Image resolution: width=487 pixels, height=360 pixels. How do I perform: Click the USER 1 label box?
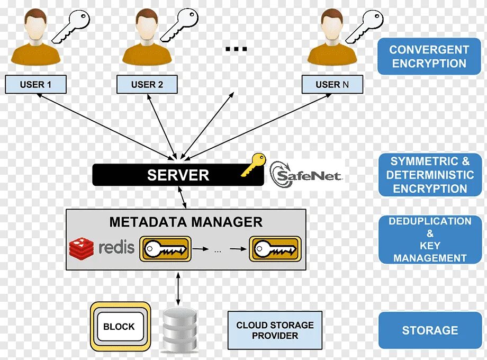(35, 84)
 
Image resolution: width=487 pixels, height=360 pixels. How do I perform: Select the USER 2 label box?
(147, 84)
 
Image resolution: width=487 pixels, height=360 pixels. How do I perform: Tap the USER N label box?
(332, 84)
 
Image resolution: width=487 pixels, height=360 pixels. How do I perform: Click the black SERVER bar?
(178, 175)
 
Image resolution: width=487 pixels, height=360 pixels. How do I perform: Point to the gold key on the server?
(253, 165)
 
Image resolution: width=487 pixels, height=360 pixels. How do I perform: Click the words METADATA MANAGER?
(186, 222)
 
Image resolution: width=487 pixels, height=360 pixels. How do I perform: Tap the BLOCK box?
(120, 327)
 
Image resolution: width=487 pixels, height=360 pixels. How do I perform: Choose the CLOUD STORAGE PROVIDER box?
(275, 330)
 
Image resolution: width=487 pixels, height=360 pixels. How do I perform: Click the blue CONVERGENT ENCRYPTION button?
(429, 56)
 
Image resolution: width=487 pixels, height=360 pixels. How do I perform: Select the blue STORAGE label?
(429, 330)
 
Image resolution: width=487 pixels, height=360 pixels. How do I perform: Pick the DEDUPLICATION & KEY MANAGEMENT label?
(429, 240)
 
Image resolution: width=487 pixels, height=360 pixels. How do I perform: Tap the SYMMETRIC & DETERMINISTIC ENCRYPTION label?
(429, 175)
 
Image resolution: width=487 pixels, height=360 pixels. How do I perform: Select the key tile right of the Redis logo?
(165, 248)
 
